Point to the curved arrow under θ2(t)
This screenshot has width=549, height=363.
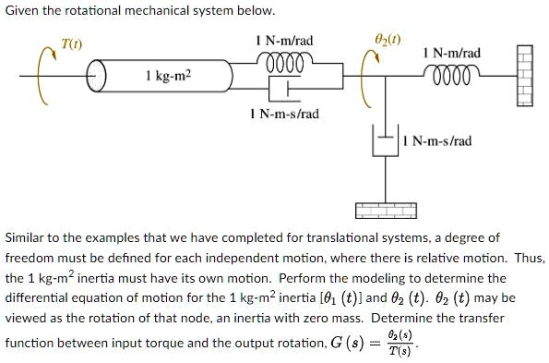[369, 65]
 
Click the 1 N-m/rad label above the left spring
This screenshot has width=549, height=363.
[284, 42]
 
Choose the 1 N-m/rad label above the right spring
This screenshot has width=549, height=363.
[449, 54]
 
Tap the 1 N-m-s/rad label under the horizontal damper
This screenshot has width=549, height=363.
[284, 114]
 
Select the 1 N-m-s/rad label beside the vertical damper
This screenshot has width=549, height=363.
[439, 141]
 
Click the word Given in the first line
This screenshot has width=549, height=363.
[23, 11]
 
